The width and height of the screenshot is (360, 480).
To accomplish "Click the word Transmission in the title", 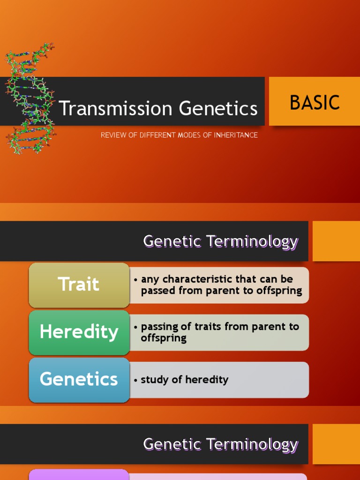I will (x=117, y=109).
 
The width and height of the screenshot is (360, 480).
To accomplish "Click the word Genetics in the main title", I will (x=219, y=109).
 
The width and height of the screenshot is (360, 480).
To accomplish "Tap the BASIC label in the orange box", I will (x=315, y=103).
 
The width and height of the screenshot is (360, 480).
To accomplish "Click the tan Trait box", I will (x=79, y=285).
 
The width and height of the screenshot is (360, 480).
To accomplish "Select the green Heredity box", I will (x=79, y=332).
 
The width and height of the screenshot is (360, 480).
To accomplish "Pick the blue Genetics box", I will (x=79, y=379).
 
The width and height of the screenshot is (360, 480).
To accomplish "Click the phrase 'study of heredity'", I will (x=184, y=380).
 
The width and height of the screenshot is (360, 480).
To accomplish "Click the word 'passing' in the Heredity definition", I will (x=160, y=327).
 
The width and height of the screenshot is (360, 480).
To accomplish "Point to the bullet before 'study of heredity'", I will (x=135, y=380).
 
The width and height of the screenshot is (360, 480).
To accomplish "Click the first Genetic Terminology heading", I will (x=220, y=241).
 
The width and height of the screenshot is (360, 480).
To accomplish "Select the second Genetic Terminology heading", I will (x=220, y=444).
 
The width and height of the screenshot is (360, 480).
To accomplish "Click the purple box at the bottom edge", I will (x=79, y=475).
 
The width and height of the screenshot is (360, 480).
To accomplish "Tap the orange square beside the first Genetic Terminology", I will (x=336, y=241).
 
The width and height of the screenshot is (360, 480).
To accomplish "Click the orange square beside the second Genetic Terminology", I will (x=336, y=444).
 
